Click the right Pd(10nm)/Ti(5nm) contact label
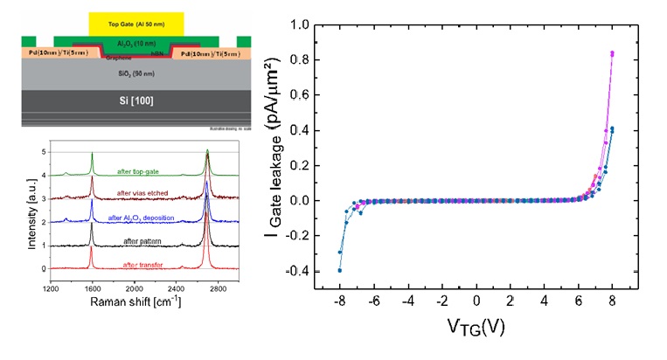coord(212,53)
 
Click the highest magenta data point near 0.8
coord(612,53)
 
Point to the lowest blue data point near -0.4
coord(340,270)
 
